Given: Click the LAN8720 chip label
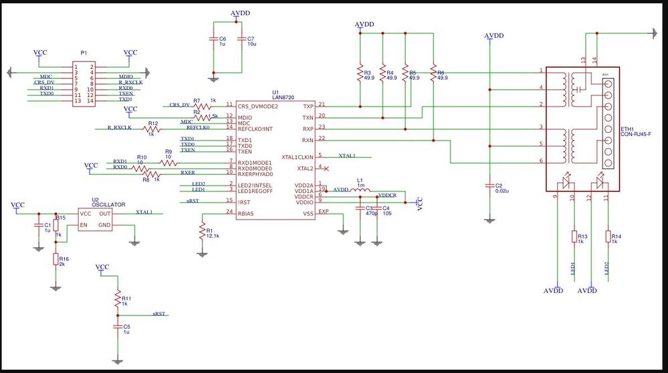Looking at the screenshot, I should [280, 97].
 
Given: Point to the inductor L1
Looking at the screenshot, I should [361, 190].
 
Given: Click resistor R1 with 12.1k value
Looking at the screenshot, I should [202, 232].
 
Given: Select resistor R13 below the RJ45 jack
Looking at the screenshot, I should [574, 236].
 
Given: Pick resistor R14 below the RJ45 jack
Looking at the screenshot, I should [608, 236].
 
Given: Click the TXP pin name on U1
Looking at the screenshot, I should [308, 106].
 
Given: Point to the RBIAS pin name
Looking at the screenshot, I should [246, 214].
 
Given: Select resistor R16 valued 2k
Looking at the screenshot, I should [56, 258].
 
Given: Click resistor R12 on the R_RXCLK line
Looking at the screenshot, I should [152, 127].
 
